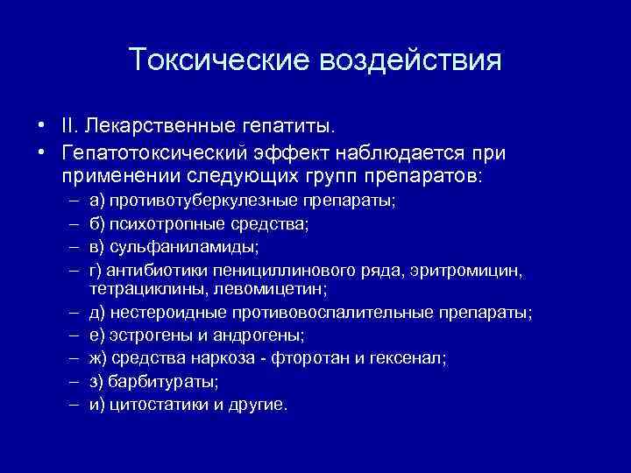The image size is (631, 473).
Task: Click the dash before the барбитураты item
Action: (x=69, y=382)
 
